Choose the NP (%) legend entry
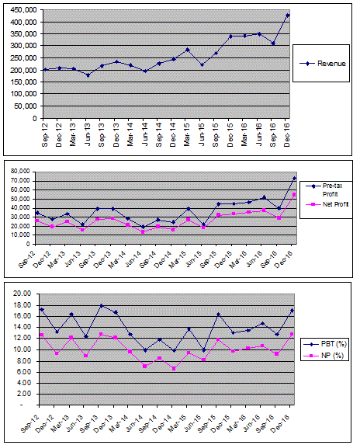click(327, 356)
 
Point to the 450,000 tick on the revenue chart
click(23, 9)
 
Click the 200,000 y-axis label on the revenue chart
click(23, 70)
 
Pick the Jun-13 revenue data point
click(88, 75)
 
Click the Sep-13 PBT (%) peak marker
click(102, 306)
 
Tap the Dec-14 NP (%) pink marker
click(174, 368)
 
